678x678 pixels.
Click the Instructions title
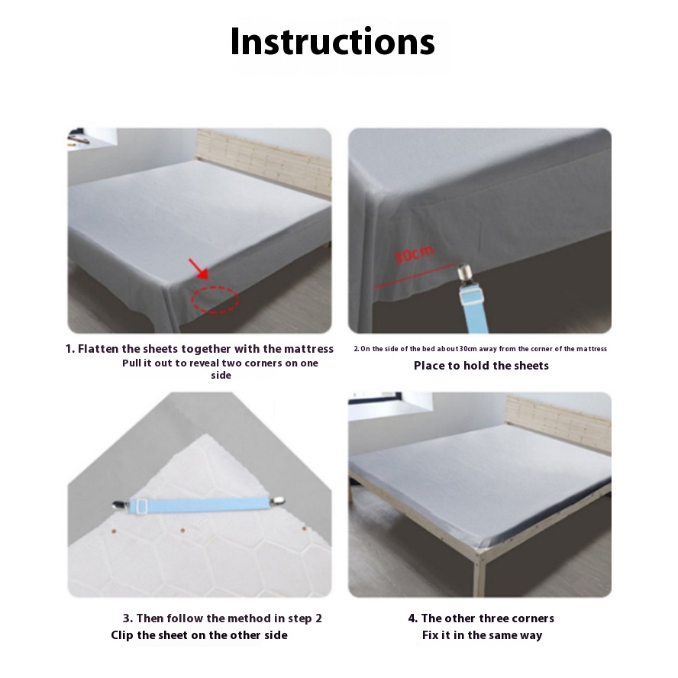coord(332,41)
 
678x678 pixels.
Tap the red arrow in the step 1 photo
coord(199,269)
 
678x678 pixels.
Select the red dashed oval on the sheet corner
coord(215,299)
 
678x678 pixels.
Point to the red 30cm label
coord(413,255)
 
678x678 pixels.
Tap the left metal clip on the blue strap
coord(121,504)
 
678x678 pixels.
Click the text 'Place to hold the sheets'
coord(481,366)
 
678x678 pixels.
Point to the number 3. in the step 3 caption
coord(128,618)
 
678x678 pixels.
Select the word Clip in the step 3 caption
coord(122,635)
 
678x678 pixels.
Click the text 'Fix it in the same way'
coord(482,635)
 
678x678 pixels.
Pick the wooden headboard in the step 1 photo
coord(263,162)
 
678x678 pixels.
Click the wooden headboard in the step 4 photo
coord(559,422)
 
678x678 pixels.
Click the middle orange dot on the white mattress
coord(182,530)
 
